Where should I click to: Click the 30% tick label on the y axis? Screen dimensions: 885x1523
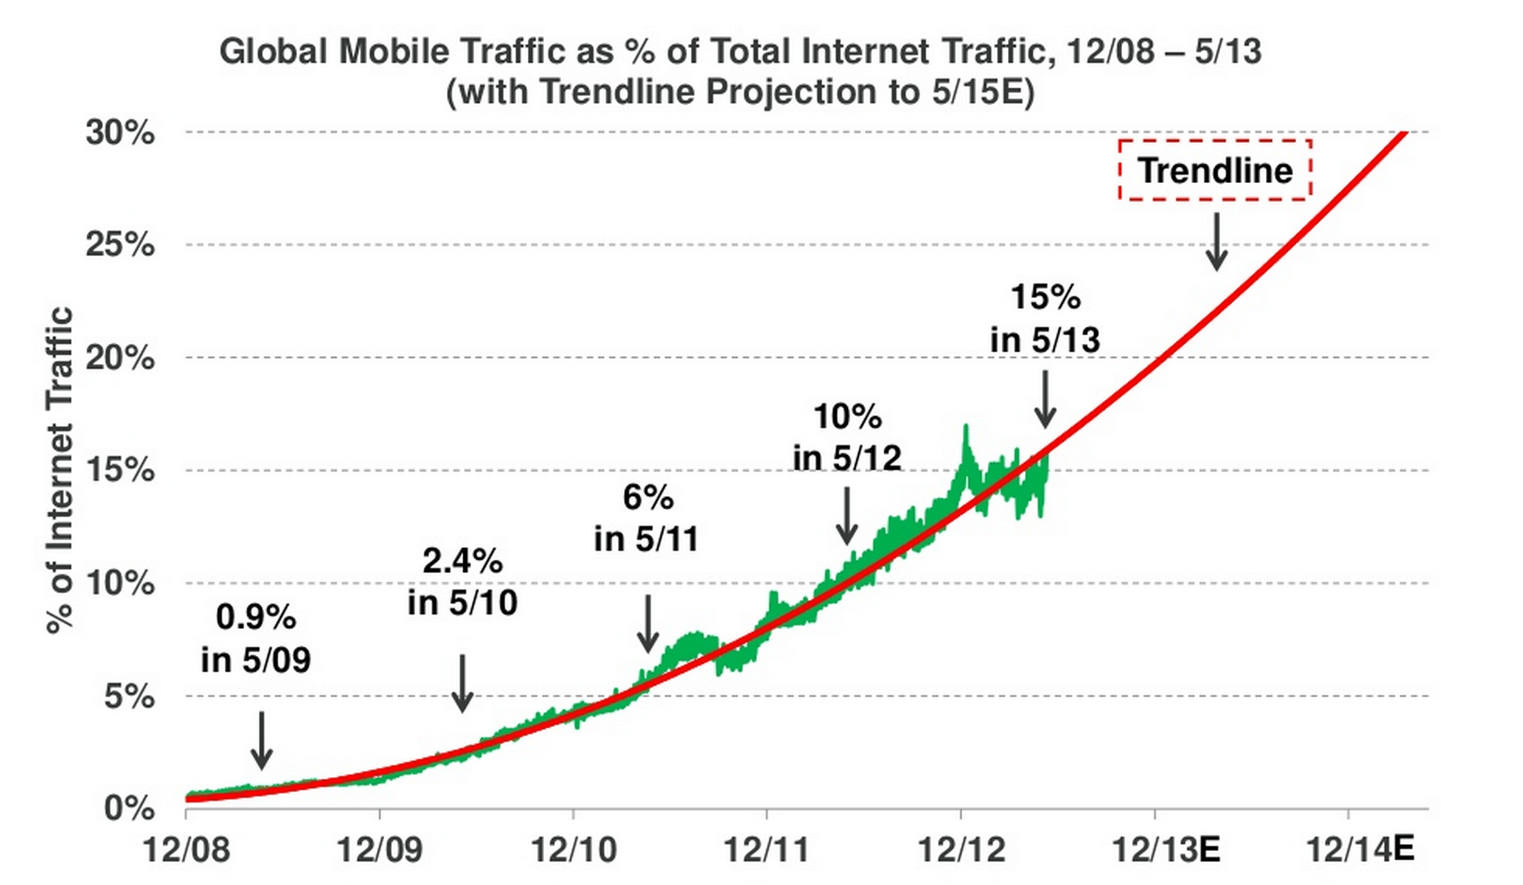click(120, 133)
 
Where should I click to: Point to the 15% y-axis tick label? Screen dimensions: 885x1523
click(120, 470)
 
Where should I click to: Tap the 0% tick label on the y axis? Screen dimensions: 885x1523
click(129, 808)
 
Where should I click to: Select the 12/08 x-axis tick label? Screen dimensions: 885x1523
click(186, 849)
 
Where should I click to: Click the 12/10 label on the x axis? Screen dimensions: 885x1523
click(573, 849)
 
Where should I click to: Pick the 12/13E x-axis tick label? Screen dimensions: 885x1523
click(1165, 849)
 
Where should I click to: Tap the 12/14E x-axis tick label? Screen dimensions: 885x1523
click(1360, 849)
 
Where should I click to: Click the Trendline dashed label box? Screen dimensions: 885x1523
click(1215, 170)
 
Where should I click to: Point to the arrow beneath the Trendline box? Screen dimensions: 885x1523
click(1217, 243)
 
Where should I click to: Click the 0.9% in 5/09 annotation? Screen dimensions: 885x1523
click(256, 638)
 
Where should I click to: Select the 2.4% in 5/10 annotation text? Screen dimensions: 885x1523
click(462, 582)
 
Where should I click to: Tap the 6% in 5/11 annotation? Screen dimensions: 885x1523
click(647, 518)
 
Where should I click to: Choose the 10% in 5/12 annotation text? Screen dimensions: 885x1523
click(847, 437)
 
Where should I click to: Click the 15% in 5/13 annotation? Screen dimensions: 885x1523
click(1045, 318)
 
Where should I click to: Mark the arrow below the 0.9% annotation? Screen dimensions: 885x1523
click(262, 740)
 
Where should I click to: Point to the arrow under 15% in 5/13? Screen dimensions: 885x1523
click(1045, 399)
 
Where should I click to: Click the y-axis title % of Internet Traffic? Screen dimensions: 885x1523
click(60, 470)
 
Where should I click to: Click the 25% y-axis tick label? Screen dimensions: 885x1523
click(120, 245)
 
